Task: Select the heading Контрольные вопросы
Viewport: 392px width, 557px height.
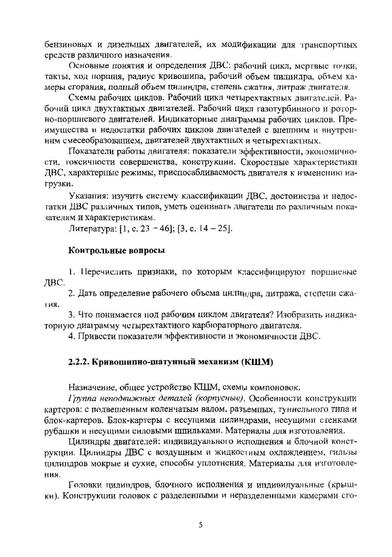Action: pyautogui.click(x=117, y=251)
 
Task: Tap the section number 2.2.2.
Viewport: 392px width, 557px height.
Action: pyautogui.click(x=79, y=362)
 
